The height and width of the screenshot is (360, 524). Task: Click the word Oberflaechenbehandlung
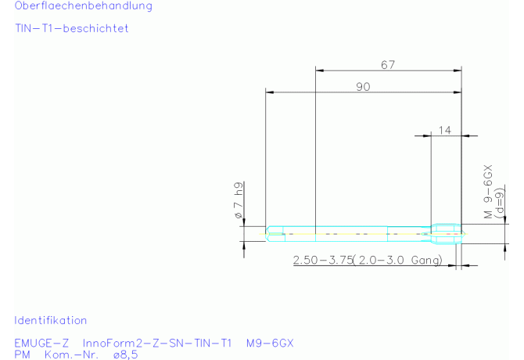coord(84,5)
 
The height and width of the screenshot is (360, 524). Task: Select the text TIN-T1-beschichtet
coord(72,28)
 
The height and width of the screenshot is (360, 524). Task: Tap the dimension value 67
coord(388,64)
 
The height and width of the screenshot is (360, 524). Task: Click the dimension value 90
coord(363,87)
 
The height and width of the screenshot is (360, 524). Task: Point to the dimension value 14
coord(445,130)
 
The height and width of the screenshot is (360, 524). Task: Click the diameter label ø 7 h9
coord(239,200)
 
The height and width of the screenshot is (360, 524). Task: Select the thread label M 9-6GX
coord(488,192)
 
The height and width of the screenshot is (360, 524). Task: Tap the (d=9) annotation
coord(499,203)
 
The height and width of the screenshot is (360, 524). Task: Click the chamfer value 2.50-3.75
coord(323,260)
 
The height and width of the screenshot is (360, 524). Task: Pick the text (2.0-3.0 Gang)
coord(397,260)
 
